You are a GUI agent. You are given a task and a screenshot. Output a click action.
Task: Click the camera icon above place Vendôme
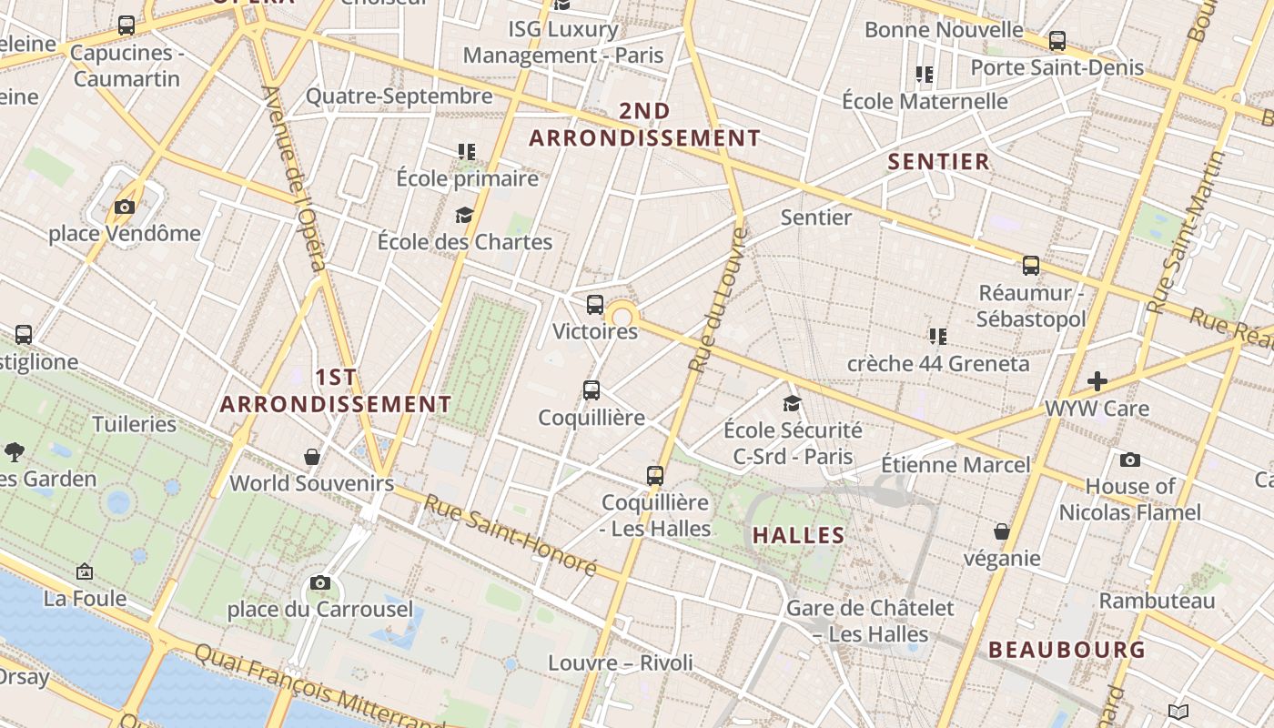125,207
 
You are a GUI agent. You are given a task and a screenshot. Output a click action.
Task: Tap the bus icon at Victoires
595,305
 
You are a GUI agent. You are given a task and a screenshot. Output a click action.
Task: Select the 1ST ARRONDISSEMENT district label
336,390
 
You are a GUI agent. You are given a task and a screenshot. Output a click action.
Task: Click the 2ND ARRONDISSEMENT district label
644,125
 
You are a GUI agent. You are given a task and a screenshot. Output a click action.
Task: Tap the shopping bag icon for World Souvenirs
312,456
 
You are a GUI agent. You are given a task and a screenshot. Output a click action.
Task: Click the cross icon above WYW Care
1097,381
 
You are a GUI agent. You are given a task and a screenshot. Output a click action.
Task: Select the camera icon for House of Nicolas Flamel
1130,460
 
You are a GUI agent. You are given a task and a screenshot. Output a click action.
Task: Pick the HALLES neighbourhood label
799,535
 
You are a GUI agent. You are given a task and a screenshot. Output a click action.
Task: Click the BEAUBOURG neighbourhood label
1067,650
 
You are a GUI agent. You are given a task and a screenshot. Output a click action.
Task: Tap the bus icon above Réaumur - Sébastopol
1031,266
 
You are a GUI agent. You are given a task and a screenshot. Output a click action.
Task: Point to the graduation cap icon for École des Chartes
465,215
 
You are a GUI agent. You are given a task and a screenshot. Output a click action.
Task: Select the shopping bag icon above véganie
1002,531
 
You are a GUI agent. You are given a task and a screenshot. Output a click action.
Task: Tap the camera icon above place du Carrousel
320,582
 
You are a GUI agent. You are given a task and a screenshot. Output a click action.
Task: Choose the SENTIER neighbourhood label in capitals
938,162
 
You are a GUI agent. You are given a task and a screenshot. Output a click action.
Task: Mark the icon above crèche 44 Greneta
938,337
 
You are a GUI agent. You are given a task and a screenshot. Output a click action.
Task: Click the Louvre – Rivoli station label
621,663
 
